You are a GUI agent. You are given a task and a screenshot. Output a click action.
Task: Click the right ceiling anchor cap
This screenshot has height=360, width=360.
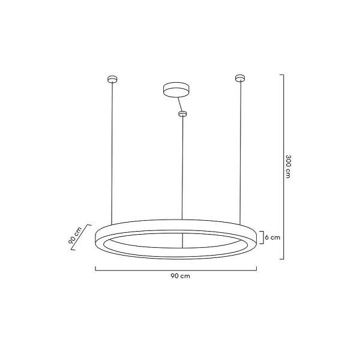coord(240,77)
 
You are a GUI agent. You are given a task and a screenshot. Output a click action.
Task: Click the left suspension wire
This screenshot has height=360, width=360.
coord(111,150)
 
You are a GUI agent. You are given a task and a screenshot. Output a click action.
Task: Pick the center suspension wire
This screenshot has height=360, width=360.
coord(182,168)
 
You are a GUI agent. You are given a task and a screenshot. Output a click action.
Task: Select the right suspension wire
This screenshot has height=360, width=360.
coord(241,150)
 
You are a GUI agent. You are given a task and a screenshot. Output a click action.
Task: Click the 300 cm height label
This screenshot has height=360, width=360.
coord(289,166)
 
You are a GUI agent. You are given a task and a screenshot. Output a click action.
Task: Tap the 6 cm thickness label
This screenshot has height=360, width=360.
coord(274,238)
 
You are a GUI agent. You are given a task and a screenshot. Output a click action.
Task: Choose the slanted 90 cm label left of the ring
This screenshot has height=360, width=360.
coord(75,236)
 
